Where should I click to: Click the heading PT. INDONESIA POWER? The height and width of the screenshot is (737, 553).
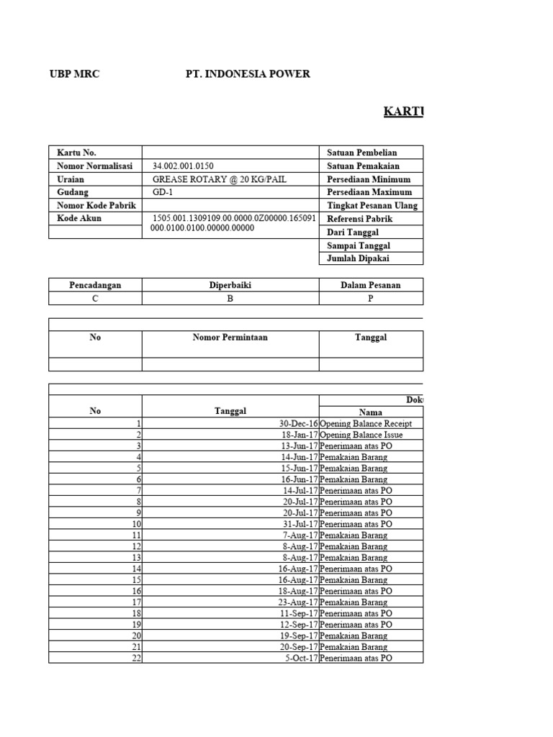coord(248,74)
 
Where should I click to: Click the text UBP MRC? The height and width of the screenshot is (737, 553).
coord(73,74)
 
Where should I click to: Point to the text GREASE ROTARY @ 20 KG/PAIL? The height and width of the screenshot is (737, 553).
coord(209,179)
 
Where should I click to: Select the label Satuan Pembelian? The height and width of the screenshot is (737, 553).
coord(362,153)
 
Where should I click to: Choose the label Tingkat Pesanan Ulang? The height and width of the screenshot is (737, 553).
coord(372,205)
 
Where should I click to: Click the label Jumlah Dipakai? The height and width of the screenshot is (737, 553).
coord(360,258)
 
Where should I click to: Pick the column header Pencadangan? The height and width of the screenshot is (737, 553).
coord(95,285)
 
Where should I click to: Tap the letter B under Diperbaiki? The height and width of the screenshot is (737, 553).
coord(230,299)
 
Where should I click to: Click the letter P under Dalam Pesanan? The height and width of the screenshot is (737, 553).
coord(371,299)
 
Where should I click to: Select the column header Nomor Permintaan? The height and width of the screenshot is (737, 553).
coord(230,338)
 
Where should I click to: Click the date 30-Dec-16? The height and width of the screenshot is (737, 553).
coord(298,424)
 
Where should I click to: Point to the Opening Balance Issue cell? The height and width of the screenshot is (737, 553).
coord(361,435)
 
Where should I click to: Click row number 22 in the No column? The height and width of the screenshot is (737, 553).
coord(135,658)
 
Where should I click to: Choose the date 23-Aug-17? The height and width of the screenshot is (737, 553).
coord(298,602)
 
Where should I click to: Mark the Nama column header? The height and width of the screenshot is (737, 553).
coord(371,412)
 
